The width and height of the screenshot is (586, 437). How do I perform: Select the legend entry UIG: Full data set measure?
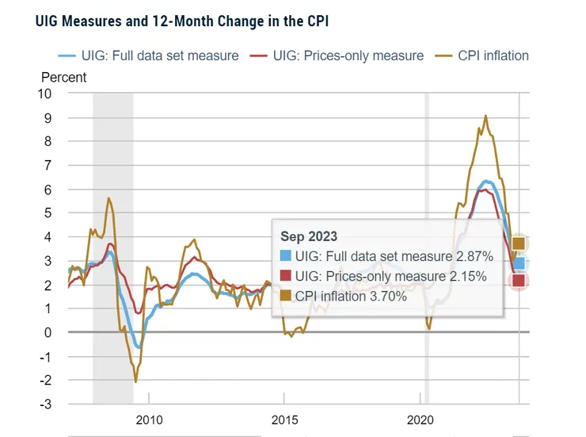[148, 56]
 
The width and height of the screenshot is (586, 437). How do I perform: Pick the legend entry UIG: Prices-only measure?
[337, 56]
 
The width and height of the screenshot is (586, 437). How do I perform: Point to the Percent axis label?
[63, 78]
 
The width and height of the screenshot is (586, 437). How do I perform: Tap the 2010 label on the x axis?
[149, 419]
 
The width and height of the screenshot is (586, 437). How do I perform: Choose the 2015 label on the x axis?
[284, 419]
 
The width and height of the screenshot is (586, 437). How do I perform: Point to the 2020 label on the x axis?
[420, 419]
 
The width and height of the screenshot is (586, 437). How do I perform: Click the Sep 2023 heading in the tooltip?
[309, 236]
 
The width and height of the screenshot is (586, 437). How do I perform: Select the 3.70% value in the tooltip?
[385, 296]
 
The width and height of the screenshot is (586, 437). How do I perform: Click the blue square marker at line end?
[519, 263]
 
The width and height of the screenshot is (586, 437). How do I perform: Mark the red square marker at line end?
[519, 281]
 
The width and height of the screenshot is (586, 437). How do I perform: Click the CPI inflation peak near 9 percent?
[485, 116]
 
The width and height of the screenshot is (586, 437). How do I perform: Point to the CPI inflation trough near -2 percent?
[135, 381]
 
